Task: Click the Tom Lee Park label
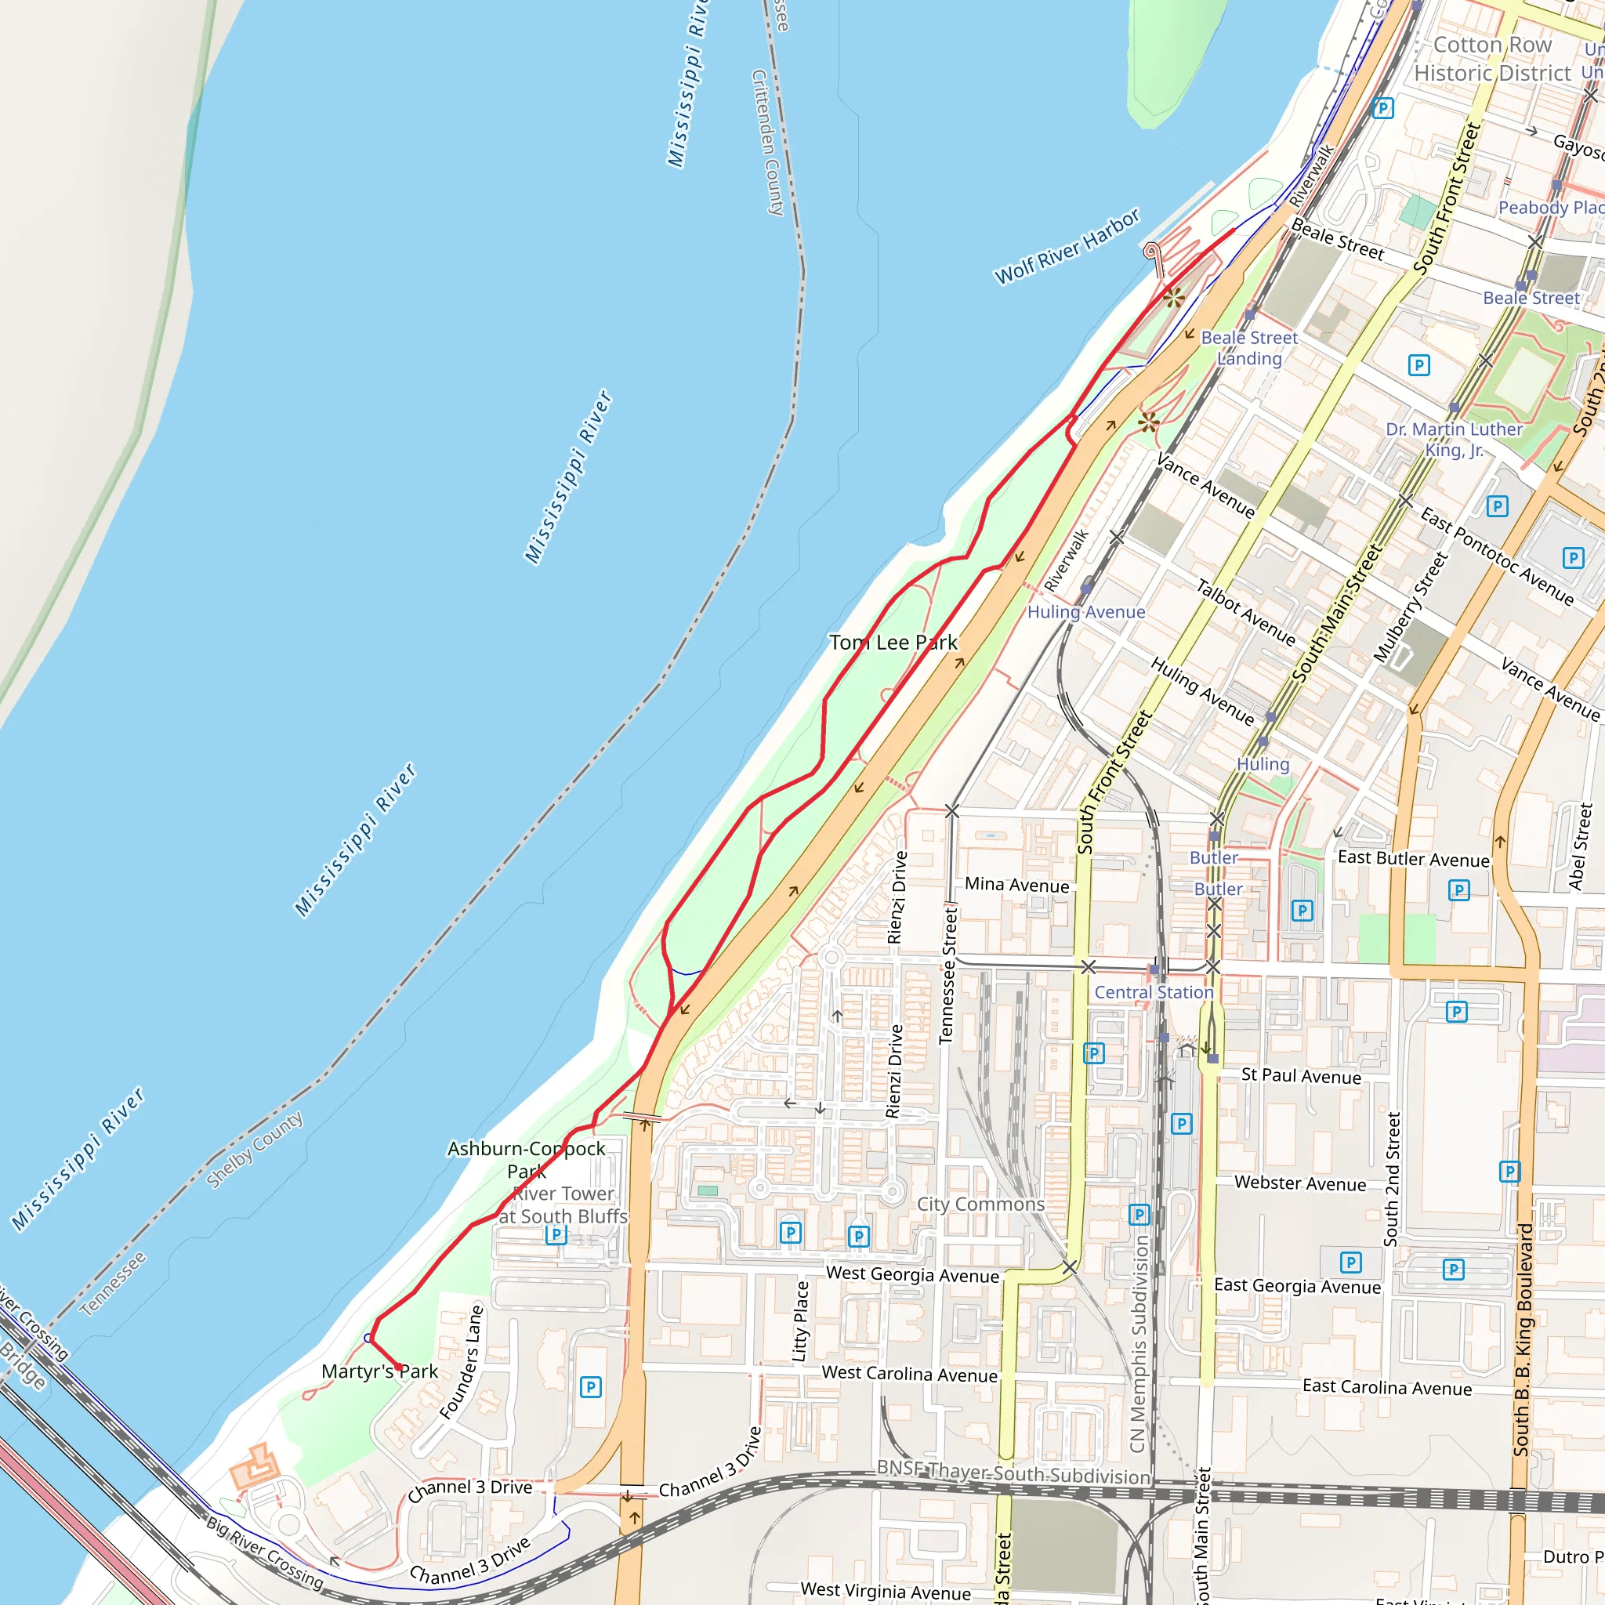coord(893,642)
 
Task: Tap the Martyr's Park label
coord(379,1371)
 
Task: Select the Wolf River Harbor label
coord(1067,247)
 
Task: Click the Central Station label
coord(1153,992)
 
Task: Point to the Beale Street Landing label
coord(1249,348)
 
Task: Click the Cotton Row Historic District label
coord(1492,59)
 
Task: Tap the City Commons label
coord(980,1204)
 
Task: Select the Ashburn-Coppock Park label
coord(527,1160)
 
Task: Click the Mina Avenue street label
coord(1016,886)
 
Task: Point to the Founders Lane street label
coord(462,1362)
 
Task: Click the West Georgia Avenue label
coord(912,1274)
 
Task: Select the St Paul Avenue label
coord(1301,1076)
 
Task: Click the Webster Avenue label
coord(1300,1184)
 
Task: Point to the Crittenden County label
coord(767,143)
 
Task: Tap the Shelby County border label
coord(254,1150)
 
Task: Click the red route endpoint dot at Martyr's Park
coord(399,1367)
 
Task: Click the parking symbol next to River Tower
coord(556,1234)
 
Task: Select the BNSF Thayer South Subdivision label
coord(1013,1474)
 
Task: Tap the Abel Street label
coord(1579,846)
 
